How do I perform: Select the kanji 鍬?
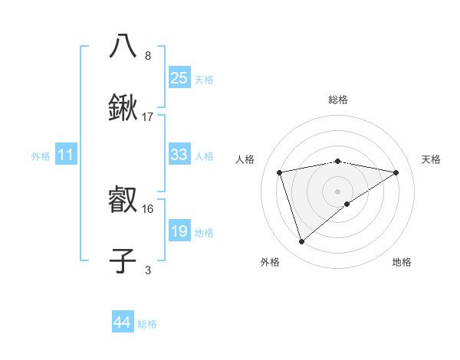[123, 110]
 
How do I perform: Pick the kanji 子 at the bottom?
[123, 260]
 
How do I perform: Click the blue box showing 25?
[179, 77]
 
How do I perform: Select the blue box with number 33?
[179, 155]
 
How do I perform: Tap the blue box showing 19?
[179, 231]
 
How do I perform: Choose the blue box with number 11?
[66, 155]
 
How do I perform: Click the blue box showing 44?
[122, 322]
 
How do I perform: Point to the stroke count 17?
[148, 117]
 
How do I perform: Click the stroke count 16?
[148, 208]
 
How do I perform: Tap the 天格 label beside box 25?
[204, 79]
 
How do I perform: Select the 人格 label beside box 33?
[204, 156]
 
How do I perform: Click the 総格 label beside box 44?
[147, 324]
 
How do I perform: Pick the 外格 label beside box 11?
[41, 156]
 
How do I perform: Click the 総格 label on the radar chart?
[338, 100]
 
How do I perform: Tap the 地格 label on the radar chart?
[402, 262]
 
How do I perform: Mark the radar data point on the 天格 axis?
[396, 172]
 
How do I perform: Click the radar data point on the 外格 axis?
[301, 242]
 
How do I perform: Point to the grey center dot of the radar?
[338, 191]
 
